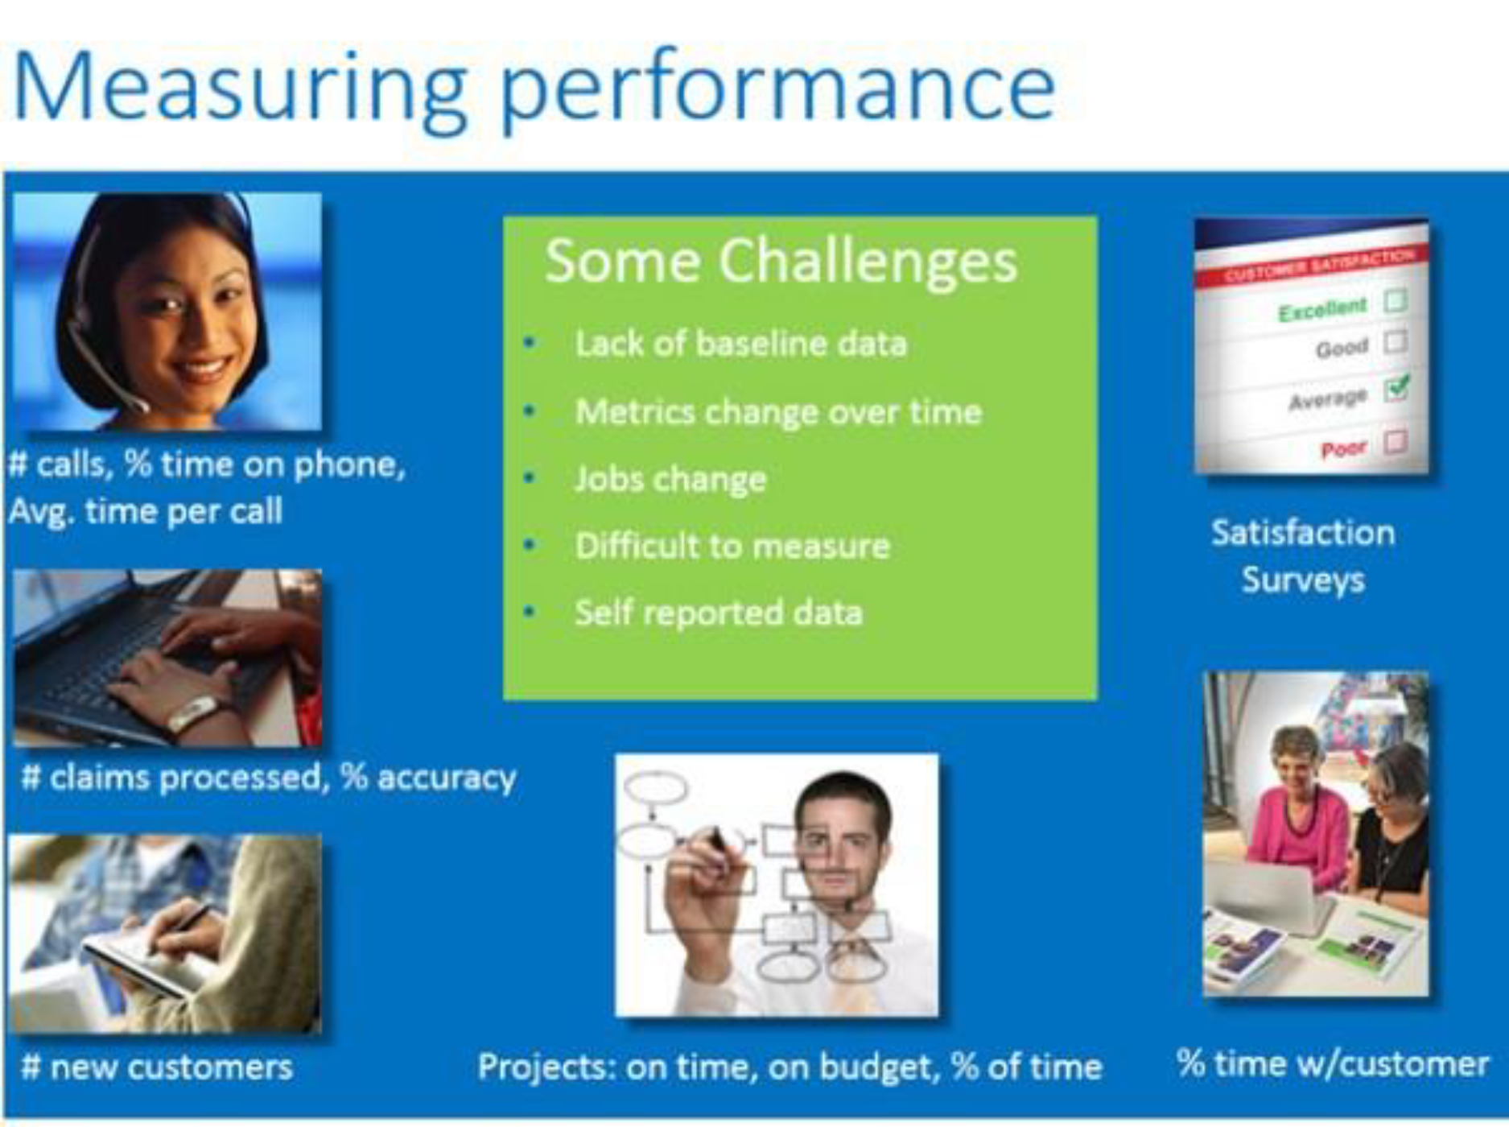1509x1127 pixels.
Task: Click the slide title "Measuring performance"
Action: (534, 89)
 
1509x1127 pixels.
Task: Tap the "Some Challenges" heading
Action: (781, 261)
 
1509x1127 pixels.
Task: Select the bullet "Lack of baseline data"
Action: (740, 344)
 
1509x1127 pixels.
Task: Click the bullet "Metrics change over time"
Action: (778, 412)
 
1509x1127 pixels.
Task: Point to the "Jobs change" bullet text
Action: (670, 480)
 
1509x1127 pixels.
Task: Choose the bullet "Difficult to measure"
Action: (732, 547)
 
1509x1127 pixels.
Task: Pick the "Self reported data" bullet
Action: (719, 613)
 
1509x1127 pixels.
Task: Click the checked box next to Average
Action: (1396, 389)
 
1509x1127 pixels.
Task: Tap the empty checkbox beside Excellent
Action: (1395, 301)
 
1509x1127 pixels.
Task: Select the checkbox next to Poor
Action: (1396, 441)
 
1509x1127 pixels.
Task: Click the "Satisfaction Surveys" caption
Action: (1303, 556)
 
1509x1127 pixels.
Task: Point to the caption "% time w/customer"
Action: (1333, 1064)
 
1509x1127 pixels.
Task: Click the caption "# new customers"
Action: (157, 1067)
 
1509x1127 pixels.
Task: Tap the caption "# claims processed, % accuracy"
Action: (268, 778)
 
